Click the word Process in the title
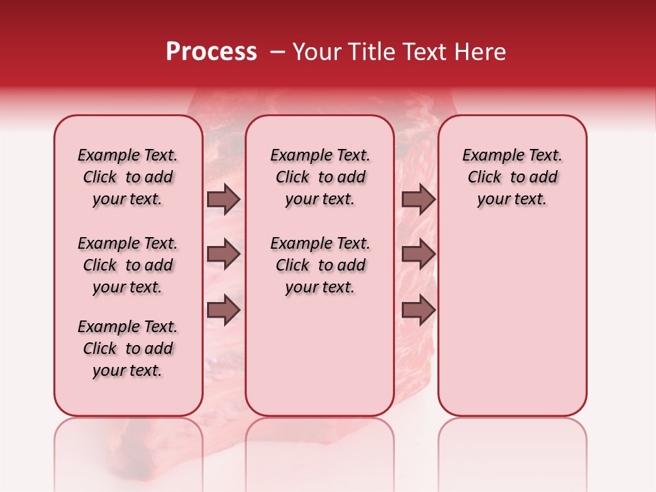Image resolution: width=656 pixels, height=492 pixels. (211, 51)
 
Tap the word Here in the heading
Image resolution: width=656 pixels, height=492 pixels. (481, 51)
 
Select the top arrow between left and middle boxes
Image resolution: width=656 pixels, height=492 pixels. (223, 199)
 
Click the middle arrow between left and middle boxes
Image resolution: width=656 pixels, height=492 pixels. (223, 255)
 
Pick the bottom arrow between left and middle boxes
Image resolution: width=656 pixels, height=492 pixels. (223, 311)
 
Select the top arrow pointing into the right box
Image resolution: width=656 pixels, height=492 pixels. (418, 199)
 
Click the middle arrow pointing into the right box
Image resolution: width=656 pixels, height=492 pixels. (418, 255)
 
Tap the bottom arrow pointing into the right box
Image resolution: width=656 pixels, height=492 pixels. (418, 311)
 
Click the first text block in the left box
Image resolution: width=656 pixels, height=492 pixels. (128, 177)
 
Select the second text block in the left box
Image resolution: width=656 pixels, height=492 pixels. (128, 265)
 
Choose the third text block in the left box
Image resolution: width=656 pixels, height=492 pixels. (128, 348)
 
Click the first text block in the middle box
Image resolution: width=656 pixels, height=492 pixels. (320, 177)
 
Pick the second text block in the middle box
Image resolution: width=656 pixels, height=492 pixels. (320, 265)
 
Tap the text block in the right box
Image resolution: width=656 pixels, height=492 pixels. (512, 177)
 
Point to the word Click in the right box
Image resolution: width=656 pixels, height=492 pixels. (484, 178)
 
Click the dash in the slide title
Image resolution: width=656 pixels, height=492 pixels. (277, 51)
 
